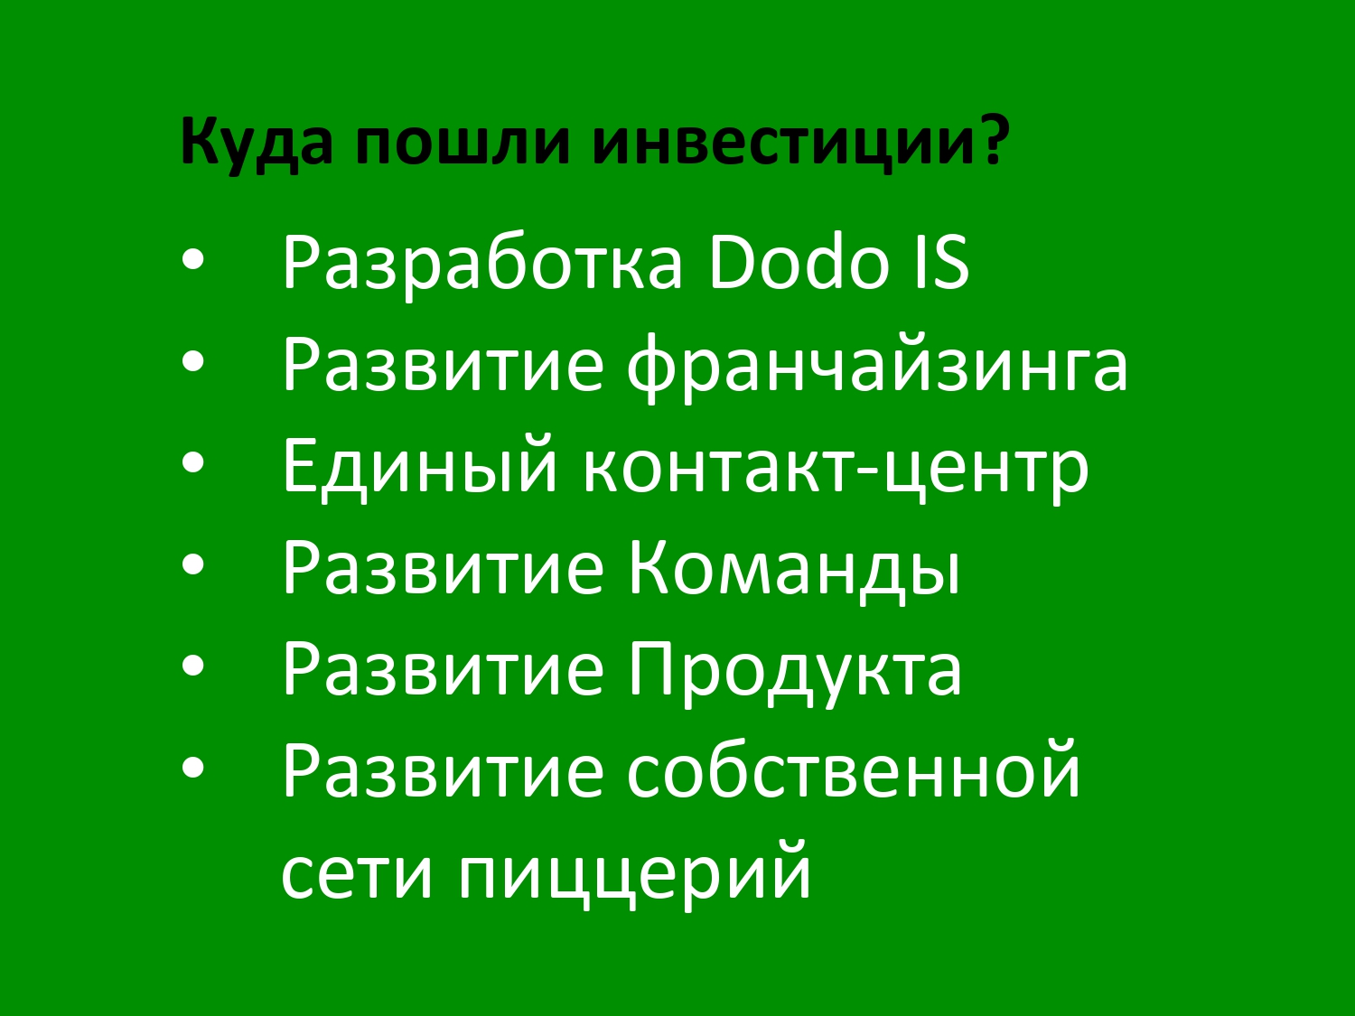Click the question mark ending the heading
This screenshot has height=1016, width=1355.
click(988, 139)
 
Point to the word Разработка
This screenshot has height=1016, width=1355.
click(483, 264)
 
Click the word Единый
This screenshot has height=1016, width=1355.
click(420, 466)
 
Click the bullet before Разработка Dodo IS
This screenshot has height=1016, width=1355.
click(193, 260)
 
